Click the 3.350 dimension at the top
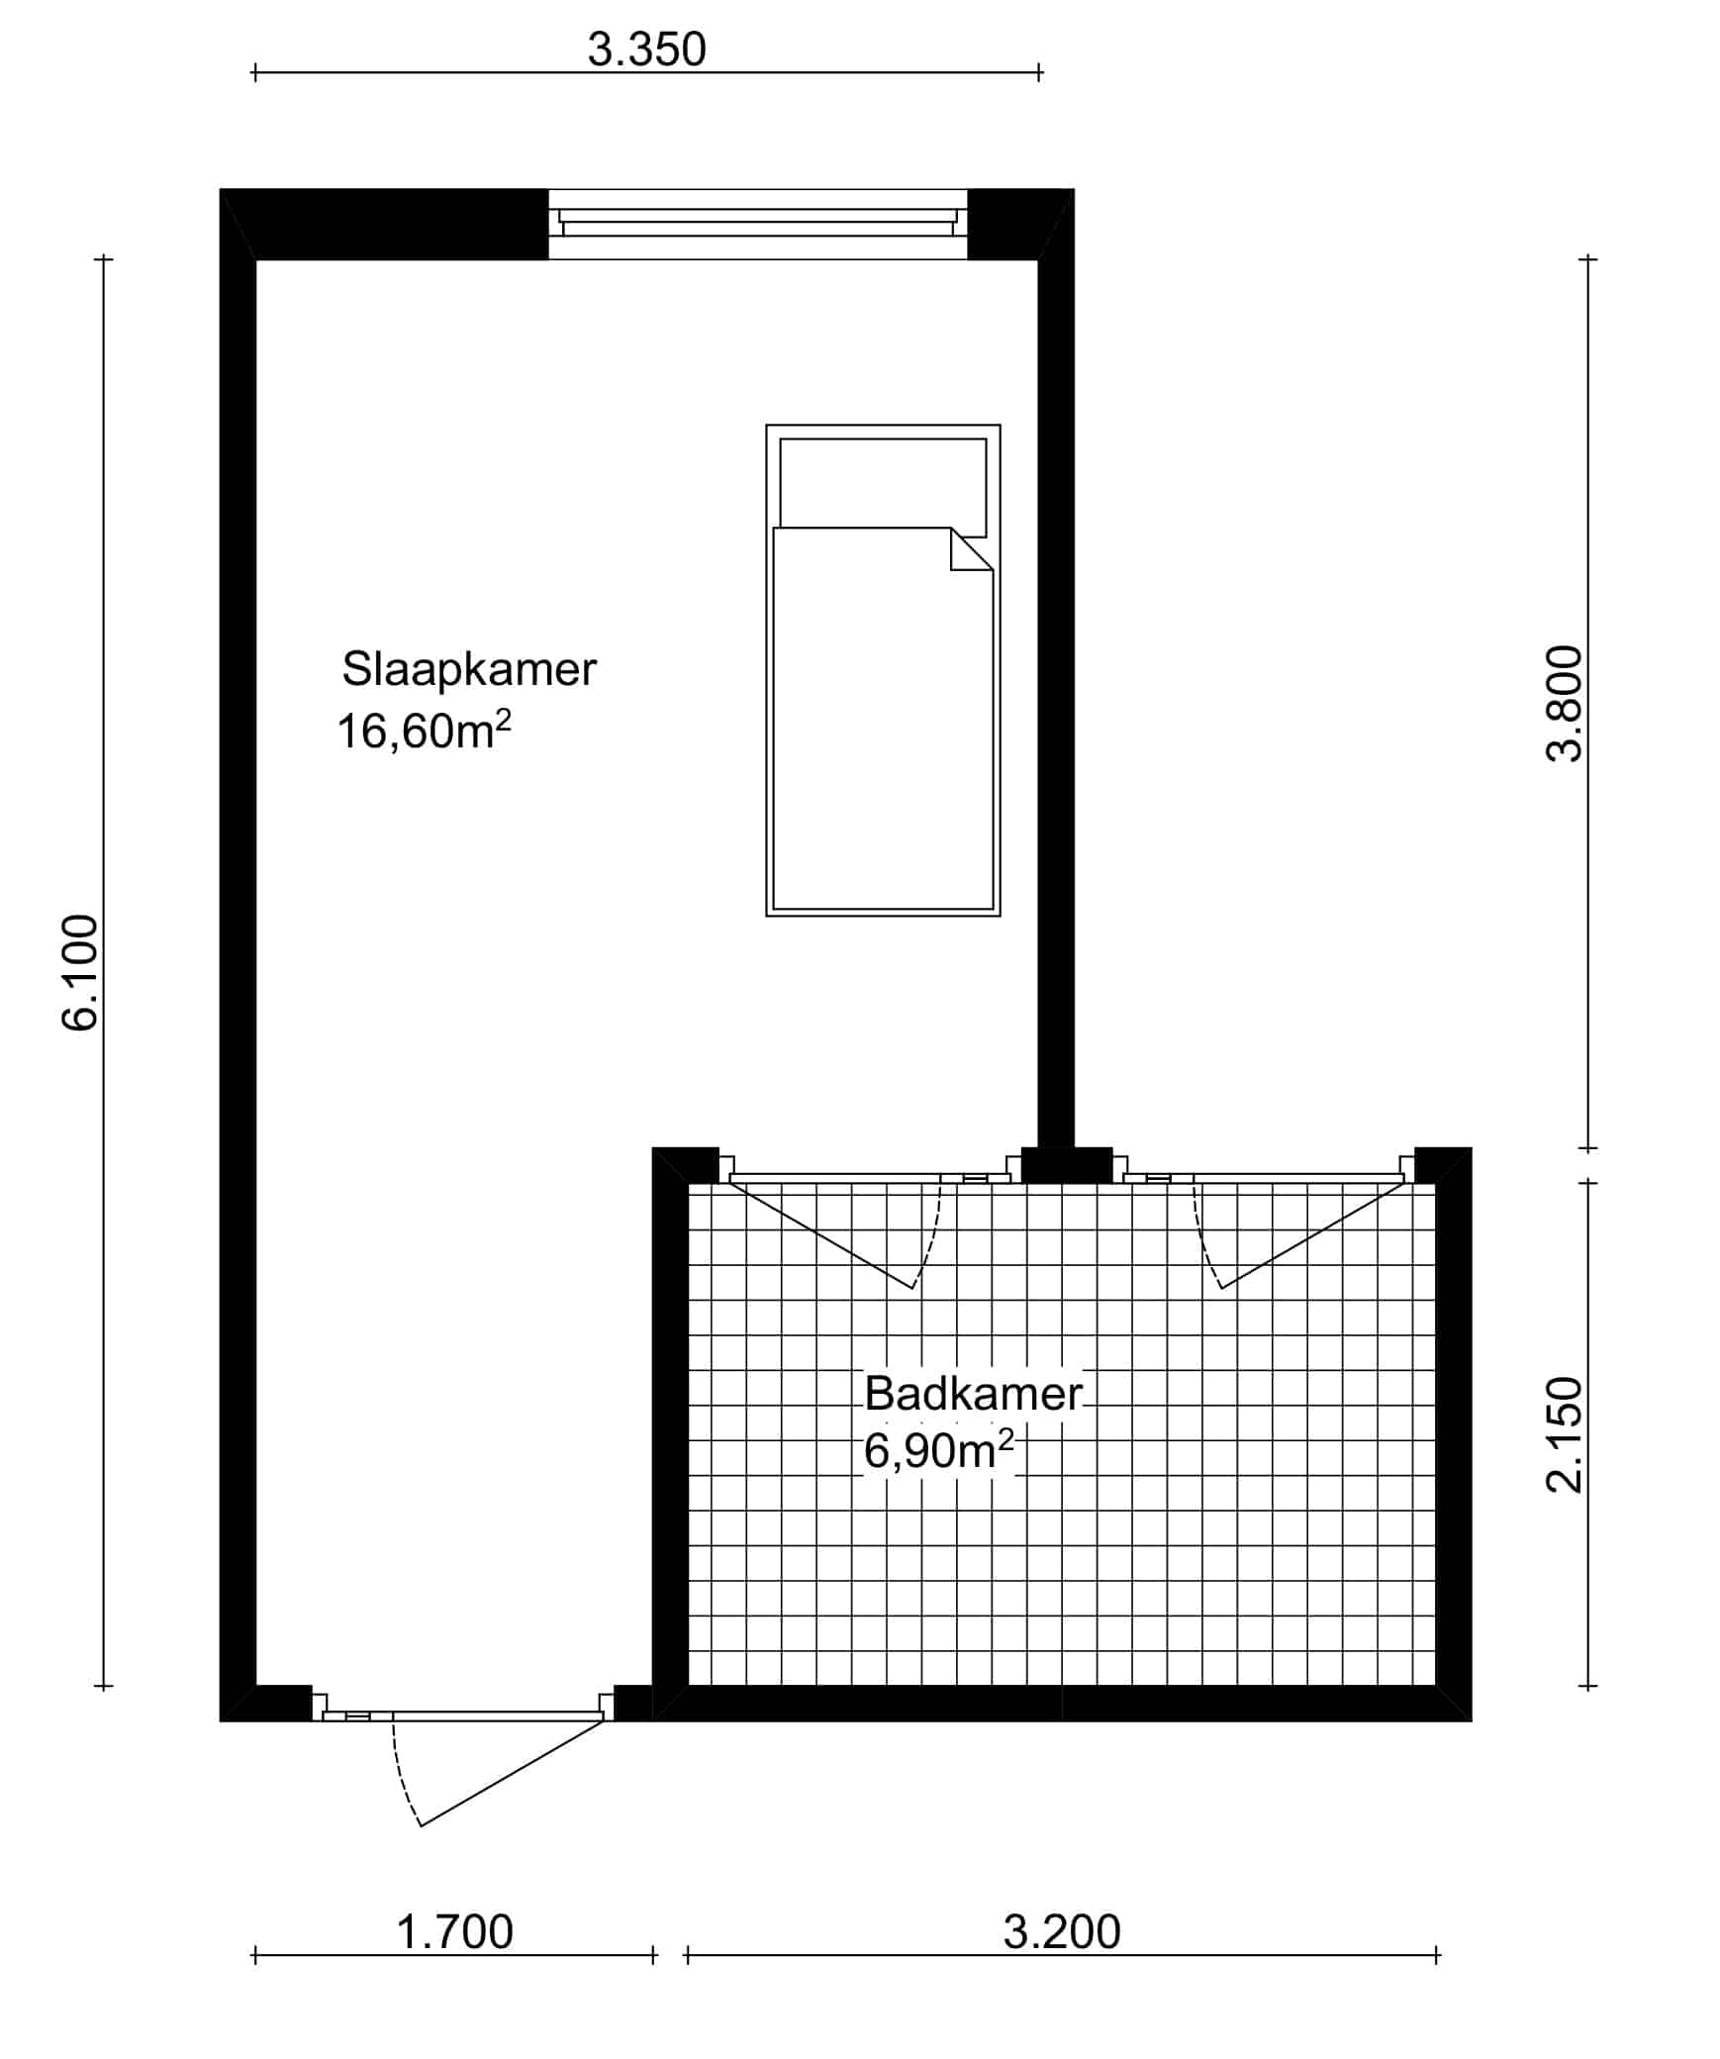(x=646, y=50)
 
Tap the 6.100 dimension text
(x=80, y=972)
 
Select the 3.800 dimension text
(x=1565, y=703)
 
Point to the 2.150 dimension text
(x=1565, y=1434)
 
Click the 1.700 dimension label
(x=454, y=1931)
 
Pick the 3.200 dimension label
(x=1062, y=1931)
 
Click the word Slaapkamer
(x=469, y=670)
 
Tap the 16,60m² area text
(x=424, y=731)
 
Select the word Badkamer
(x=974, y=1394)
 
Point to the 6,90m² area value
(x=939, y=1450)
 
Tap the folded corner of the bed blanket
(x=970, y=550)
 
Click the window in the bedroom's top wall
(x=758, y=224)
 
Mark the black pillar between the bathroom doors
(x=1067, y=1164)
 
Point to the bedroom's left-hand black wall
(x=238, y=954)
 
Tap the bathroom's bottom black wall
(x=1062, y=1703)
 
